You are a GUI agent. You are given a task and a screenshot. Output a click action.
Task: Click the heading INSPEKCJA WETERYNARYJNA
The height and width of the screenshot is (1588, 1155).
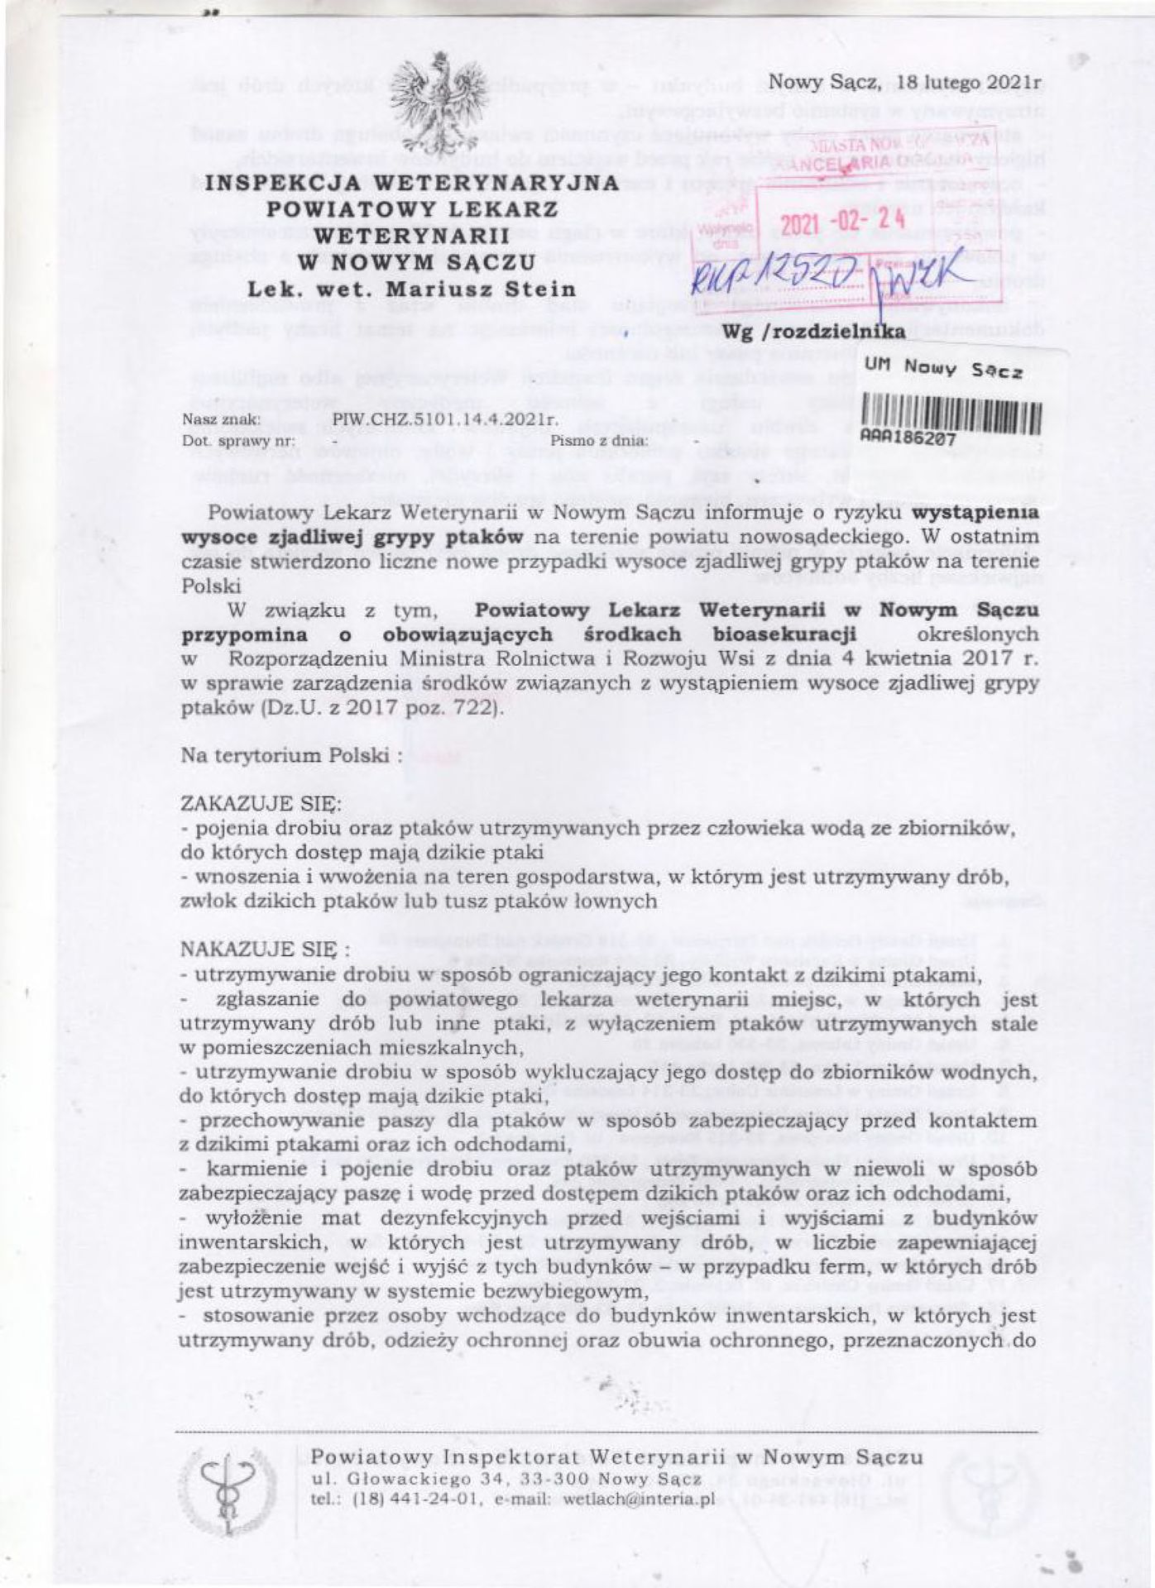[411, 183]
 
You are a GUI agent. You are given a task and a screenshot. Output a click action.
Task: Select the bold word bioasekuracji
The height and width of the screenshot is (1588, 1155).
[784, 634]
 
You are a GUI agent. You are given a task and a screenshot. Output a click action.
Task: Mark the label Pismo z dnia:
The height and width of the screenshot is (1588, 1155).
[599, 440]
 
